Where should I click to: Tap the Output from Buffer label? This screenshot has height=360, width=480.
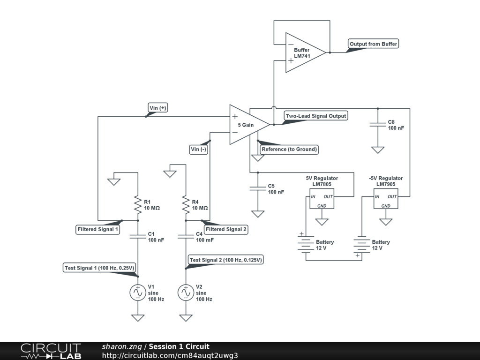[x=374, y=44]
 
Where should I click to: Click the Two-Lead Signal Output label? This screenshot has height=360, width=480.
[x=316, y=116]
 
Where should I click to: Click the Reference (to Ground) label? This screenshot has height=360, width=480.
[x=289, y=149]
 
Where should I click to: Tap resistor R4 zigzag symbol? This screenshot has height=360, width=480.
[x=186, y=204]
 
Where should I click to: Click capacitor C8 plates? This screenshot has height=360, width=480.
[x=378, y=124]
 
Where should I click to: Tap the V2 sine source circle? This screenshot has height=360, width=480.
[x=186, y=292]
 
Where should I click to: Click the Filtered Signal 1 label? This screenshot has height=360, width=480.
[x=97, y=229]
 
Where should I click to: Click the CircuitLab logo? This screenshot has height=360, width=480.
[x=51, y=351]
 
